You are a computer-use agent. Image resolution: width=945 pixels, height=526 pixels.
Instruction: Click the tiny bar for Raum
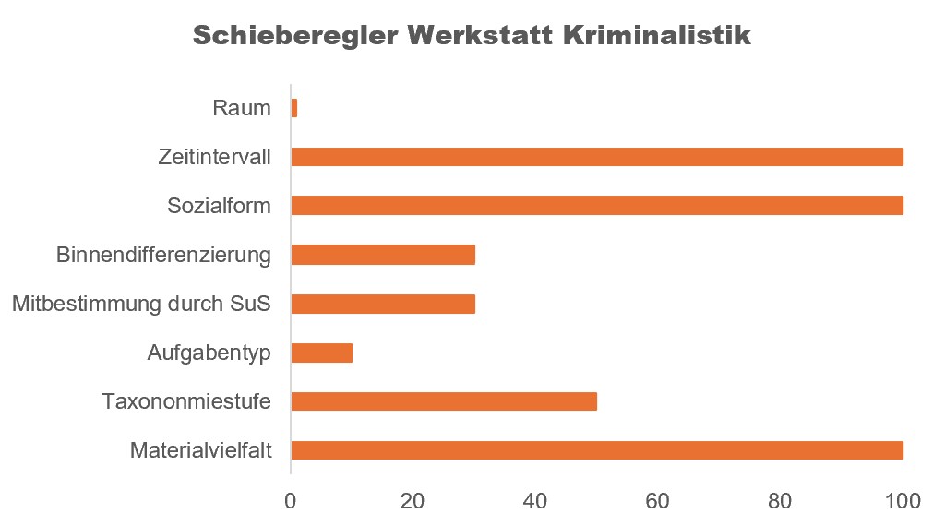pyautogui.click(x=294, y=108)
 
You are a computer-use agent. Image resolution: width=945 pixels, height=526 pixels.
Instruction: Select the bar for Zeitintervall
pyautogui.click(x=596, y=157)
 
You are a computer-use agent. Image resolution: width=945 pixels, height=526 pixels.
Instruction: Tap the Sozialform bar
pyautogui.click(x=596, y=206)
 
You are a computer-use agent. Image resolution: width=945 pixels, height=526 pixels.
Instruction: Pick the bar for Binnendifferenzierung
pyautogui.click(x=383, y=255)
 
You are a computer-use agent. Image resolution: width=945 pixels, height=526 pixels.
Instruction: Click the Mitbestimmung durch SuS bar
pyautogui.click(x=383, y=304)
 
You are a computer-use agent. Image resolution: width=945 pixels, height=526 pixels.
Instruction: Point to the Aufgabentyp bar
pyautogui.click(x=321, y=353)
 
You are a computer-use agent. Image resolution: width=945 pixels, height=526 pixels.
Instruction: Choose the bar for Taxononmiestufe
pyautogui.click(x=444, y=401)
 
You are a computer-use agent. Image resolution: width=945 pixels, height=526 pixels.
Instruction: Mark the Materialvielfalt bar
pyautogui.click(x=596, y=450)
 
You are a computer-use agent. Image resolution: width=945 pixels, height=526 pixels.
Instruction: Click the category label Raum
pyautogui.click(x=242, y=109)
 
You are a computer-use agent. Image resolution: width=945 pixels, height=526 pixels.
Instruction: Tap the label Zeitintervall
pyautogui.click(x=214, y=158)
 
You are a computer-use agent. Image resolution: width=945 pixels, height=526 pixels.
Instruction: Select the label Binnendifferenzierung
pyautogui.click(x=163, y=255)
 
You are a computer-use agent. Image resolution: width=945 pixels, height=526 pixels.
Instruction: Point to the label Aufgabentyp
pyautogui.click(x=209, y=353)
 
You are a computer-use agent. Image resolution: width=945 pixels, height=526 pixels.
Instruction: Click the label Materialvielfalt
pyautogui.click(x=200, y=451)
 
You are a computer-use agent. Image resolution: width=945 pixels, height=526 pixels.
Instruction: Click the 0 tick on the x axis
pyautogui.click(x=291, y=502)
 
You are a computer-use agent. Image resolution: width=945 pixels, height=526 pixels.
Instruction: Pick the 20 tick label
pyautogui.click(x=413, y=502)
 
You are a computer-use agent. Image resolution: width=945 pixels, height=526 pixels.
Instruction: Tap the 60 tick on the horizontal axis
pyautogui.click(x=657, y=502)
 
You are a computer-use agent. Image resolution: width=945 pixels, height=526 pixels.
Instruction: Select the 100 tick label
pyautogui.click(x=903, y=502)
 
